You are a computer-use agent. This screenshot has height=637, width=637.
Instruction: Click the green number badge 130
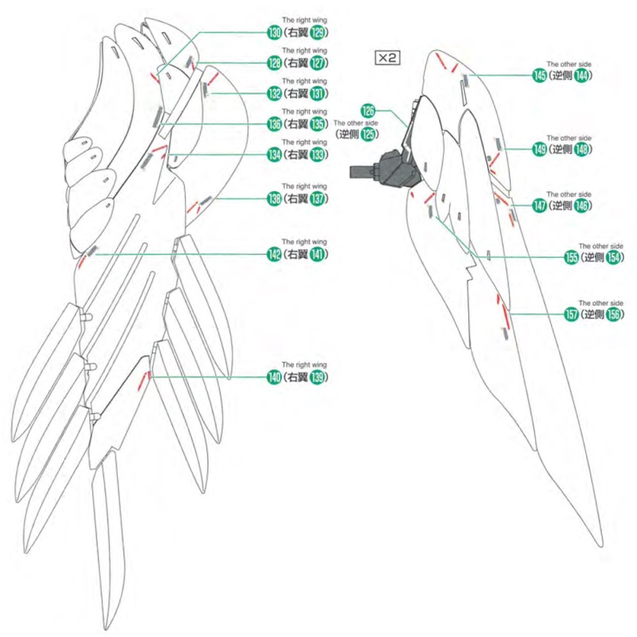[x=275, y=33]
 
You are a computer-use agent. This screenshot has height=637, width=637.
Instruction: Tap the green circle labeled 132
[x=275, y=94]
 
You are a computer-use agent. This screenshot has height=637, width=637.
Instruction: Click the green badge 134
[x=275, y=154]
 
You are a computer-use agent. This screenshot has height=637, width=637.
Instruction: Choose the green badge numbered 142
[x=275, y=254]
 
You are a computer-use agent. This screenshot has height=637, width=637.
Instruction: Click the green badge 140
[x=275, y=377]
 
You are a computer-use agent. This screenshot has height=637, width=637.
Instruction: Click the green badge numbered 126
[x=368, y=110]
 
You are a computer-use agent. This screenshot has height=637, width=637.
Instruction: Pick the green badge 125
[x=368, y=134]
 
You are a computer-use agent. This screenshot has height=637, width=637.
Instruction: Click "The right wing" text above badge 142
[x=304, y=242]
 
